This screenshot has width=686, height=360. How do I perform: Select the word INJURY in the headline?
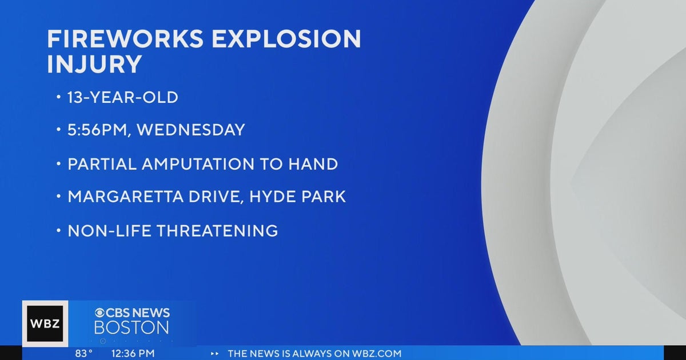point(94,65)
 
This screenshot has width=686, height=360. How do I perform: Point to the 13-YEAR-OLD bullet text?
point(123,98)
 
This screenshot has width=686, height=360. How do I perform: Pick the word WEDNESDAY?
point(190,130)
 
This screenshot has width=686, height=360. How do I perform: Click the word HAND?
point(313,164)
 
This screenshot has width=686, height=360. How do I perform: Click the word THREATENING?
point(218,231)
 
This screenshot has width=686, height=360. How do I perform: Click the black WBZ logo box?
point(45,324)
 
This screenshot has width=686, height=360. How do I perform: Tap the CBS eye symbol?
point(100,313)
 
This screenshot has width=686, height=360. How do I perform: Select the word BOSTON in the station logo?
point(131,328)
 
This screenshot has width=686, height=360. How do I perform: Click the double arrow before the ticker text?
point(214,354)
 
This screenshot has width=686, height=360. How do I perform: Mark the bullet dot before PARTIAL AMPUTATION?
point(58,164)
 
